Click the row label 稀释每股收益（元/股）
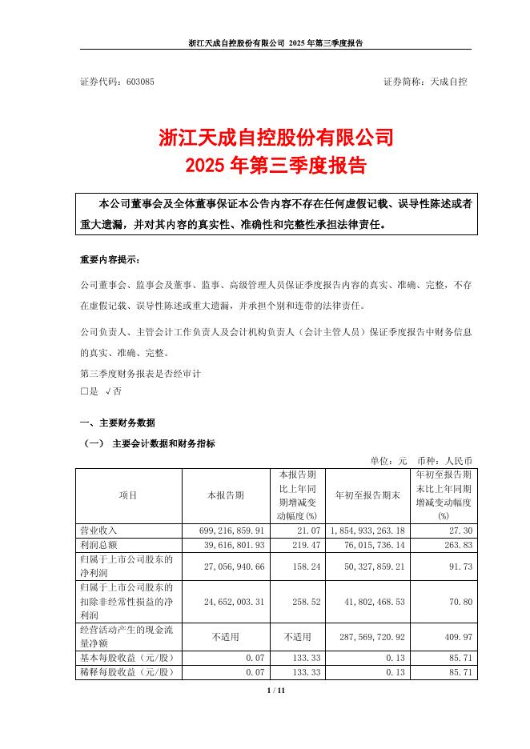click(127, 673)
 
